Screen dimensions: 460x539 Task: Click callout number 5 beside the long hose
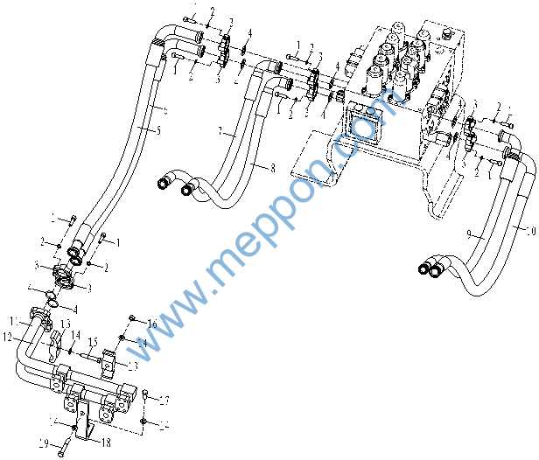click(158, 130)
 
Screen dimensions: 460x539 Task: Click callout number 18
click(106, 443)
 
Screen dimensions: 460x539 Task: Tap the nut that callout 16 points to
click(131, 317)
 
